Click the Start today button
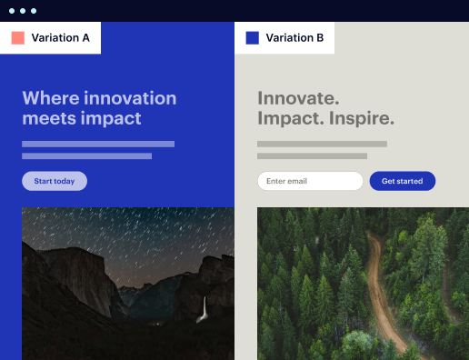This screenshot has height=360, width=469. pos(55,181)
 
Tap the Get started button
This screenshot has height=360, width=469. pos(402,181)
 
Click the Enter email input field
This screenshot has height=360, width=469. pos(310,181)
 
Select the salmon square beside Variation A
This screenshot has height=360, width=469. pos(17,38)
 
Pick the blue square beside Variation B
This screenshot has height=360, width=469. pos(253,38)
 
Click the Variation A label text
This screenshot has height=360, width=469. pos(61,38)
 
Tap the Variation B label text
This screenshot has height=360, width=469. pos(294,38)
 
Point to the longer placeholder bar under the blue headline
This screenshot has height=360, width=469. pos(98,144)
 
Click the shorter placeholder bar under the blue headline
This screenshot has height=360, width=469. pos(86,156)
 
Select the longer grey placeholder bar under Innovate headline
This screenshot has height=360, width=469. pos(322,144)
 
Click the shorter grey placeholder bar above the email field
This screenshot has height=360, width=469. pos(312,156)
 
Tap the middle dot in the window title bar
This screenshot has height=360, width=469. pos(23,11)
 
